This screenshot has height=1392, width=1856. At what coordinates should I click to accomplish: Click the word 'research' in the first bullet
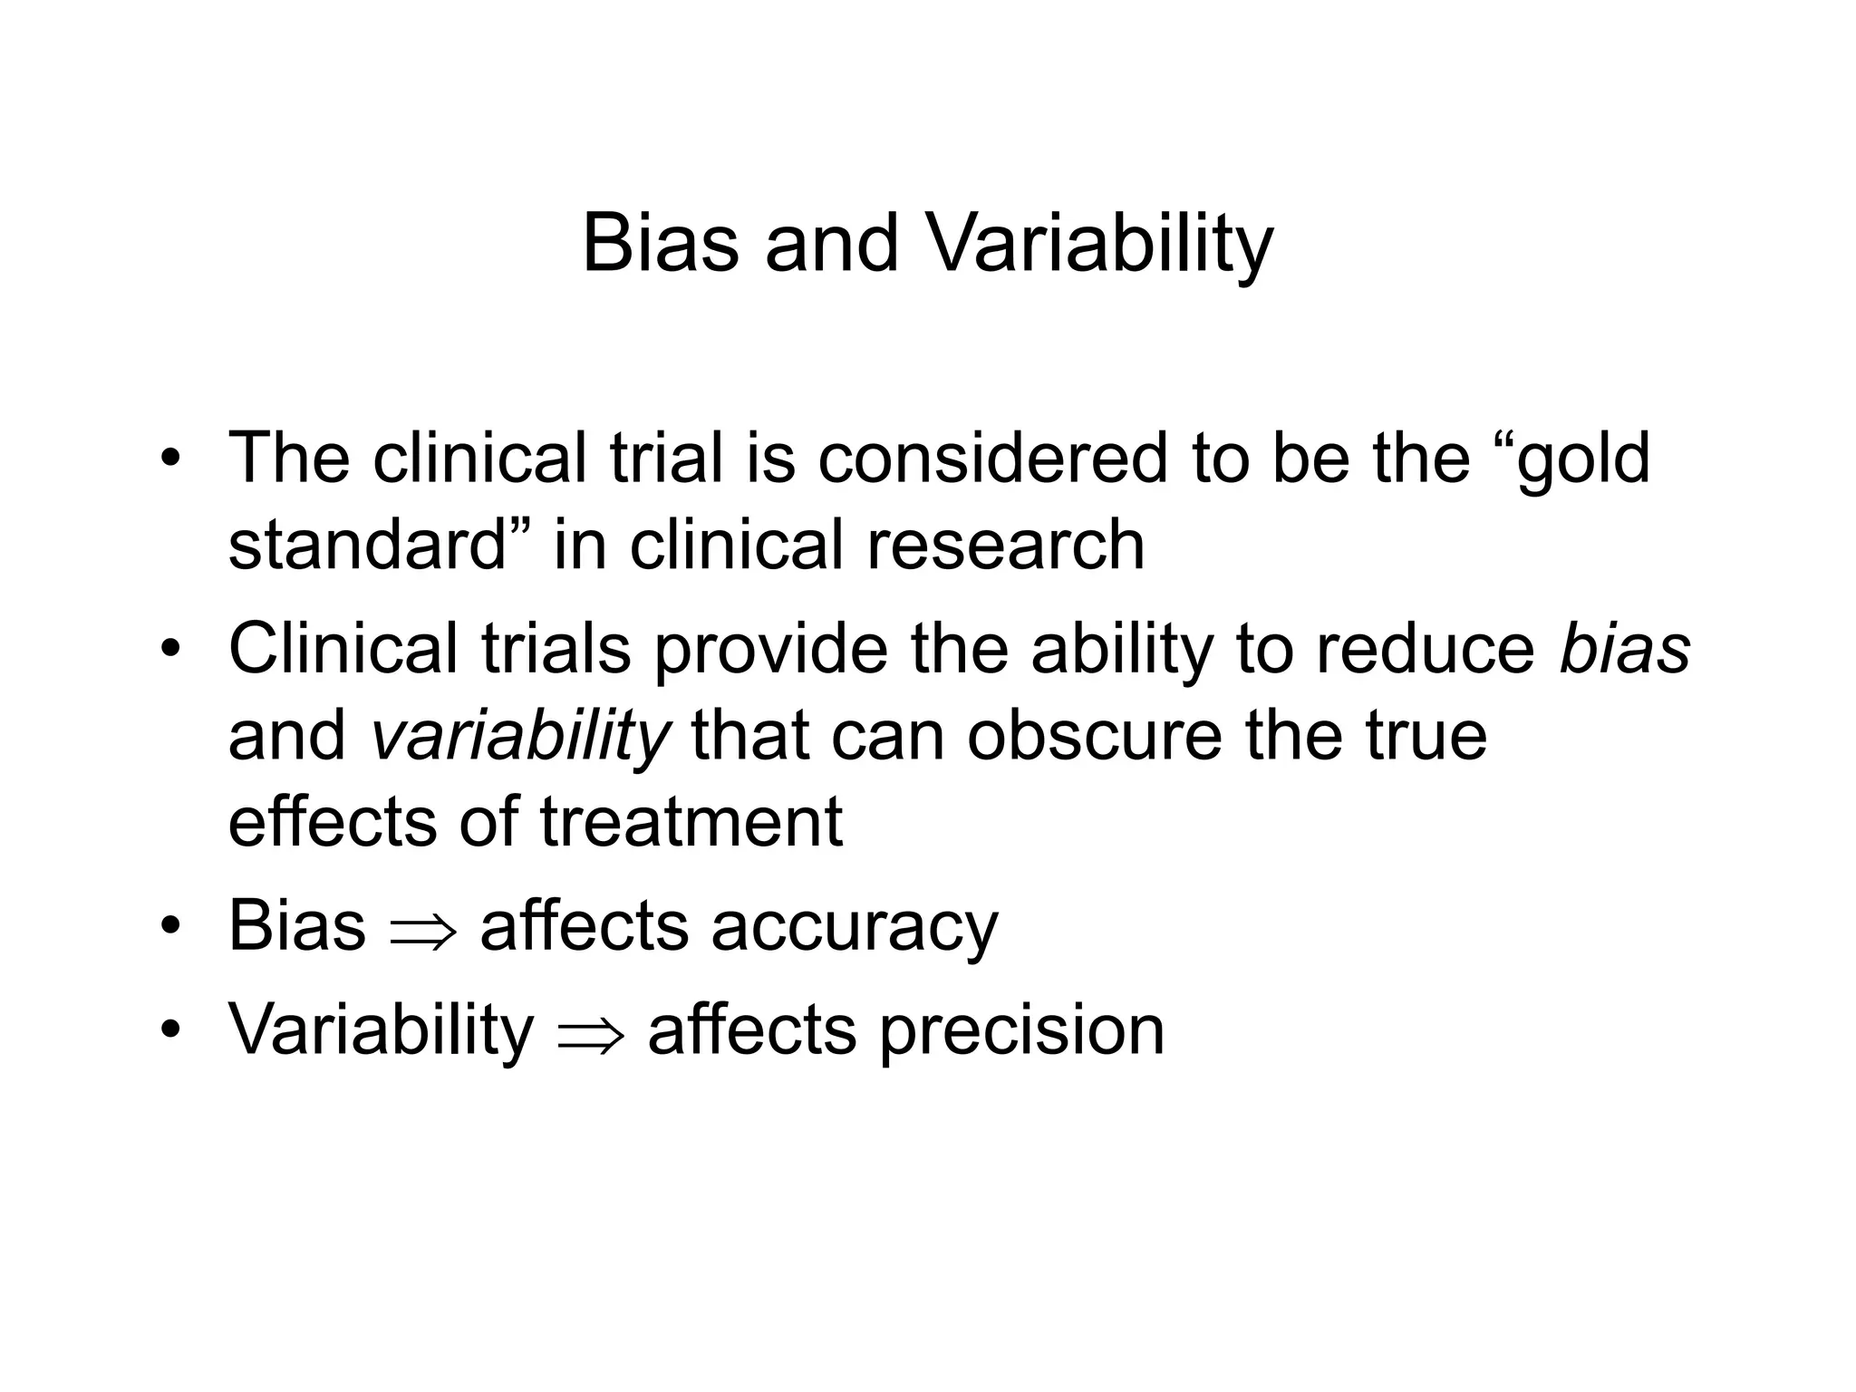1006,546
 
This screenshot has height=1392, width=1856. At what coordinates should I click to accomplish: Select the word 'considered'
992,459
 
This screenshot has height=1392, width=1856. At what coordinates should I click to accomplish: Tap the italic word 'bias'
1625,649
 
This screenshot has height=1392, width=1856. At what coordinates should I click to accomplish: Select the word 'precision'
1021,1031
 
